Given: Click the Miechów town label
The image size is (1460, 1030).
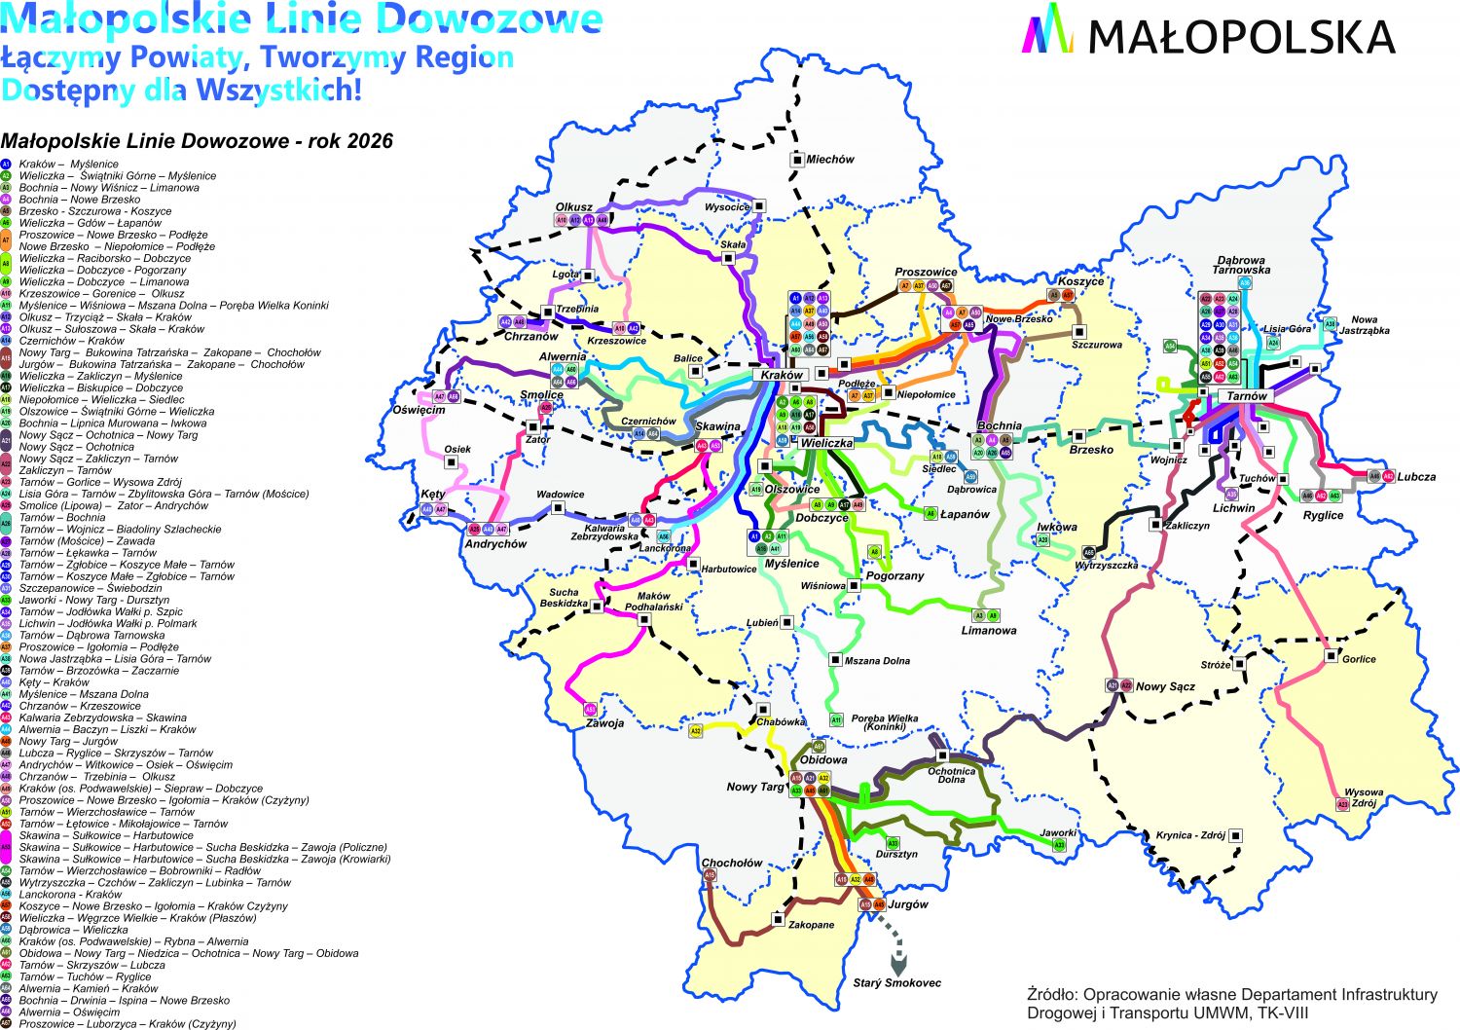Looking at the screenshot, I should coord(830,160).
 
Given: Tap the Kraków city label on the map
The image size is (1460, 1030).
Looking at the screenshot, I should coord(782,375).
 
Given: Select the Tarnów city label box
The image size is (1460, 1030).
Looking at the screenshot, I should coord(1247,396).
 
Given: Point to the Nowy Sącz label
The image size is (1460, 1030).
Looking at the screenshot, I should coord(1165,686).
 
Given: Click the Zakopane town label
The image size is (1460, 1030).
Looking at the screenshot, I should coord(811,925).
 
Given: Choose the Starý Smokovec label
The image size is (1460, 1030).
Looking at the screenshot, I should coord(896,983).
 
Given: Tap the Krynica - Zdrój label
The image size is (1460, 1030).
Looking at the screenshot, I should coord(1189,835).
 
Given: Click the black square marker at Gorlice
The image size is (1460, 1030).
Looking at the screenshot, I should coord(1331,656).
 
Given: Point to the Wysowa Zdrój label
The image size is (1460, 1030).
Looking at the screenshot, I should coord(1363,797).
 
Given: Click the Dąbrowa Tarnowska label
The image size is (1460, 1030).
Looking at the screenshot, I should coord(1241,265).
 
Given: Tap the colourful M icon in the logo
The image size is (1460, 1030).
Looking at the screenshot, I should coord(1047,28).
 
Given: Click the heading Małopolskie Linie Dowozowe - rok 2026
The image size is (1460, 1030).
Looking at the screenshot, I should coord(197,141).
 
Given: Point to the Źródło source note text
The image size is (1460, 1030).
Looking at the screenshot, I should coord(1231,1003).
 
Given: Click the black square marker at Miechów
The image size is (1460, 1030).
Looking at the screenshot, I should coord(797,160).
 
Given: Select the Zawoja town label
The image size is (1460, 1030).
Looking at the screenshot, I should coord(604,723).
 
